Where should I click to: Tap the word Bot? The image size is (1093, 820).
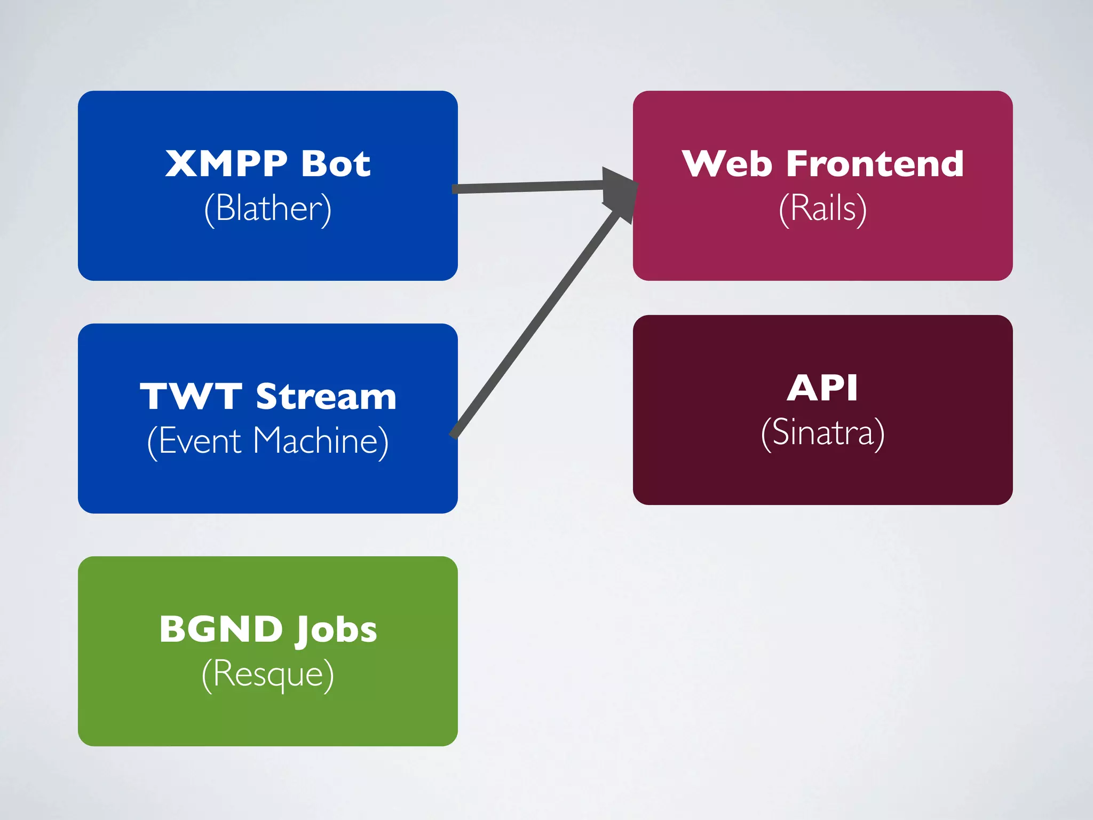[x=336, y=163]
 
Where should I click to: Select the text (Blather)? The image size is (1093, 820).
[x=268, y=208]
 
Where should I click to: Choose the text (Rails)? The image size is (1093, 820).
[x=822, y=208]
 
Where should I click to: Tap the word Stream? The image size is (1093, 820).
[x=326, y=397]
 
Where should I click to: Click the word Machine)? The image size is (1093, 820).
[x=321, y=441]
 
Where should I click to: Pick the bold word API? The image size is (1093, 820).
[x=822, y=388]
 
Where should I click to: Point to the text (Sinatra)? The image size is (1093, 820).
[x=822, y=433]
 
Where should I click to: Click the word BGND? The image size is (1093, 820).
[x=221, y=629]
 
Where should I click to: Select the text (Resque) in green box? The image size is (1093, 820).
[x=268, y=674]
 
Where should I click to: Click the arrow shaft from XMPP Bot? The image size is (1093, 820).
[x=528, y=187]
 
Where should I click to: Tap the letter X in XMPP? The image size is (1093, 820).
[x=181, y=163]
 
